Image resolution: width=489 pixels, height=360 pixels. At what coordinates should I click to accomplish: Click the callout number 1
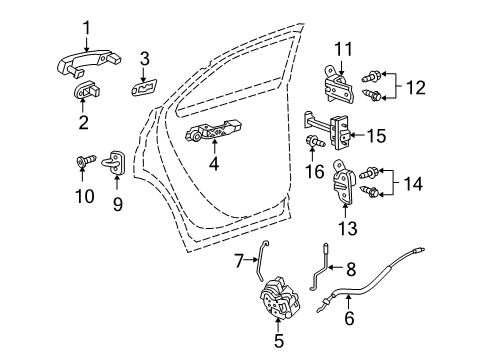(86, 28)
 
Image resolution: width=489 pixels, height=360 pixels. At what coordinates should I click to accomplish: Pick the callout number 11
(344, 49)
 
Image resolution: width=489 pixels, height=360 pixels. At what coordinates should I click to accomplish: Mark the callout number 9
(117, 206)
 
